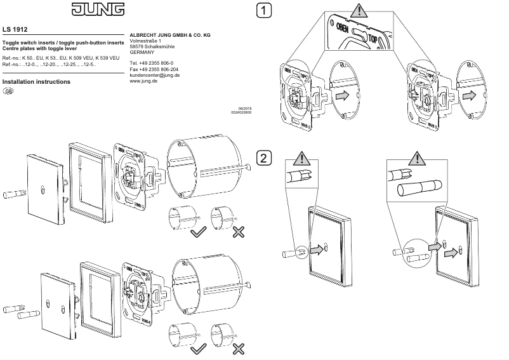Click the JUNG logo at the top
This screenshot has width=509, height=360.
pos(93,10)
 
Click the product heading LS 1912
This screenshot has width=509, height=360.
pos(16,29)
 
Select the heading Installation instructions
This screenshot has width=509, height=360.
pos(36,82)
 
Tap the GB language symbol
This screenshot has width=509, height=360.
pos(8,91)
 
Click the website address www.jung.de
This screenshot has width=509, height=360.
pos(143,81)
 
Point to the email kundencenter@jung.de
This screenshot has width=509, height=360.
pos(154,75)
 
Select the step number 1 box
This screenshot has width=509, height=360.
pos(263,11)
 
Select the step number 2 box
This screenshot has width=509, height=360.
pos(263,158)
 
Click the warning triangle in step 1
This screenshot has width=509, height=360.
pos(359,11)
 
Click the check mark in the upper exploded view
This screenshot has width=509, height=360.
pos(199,232)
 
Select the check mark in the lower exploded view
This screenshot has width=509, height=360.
pos(199,348)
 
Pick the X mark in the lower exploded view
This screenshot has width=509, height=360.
pos(239,348)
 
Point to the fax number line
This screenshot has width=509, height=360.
pos(154,69)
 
